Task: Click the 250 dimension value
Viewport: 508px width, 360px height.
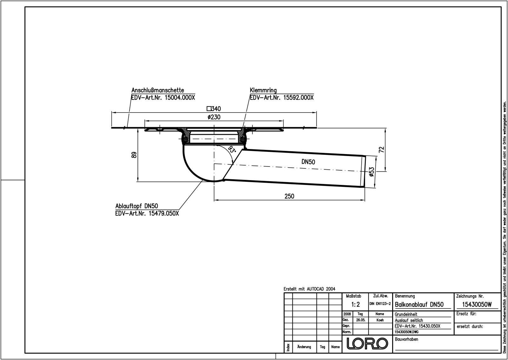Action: coord(289,196)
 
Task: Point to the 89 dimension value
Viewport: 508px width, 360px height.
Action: coord(134,155)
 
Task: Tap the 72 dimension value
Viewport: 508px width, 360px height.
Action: coord(381,149)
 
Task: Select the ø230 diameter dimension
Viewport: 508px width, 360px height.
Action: coord(214,117)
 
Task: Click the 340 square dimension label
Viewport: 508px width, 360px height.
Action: coord(214,109)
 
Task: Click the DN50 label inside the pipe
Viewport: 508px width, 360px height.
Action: coord(308,162)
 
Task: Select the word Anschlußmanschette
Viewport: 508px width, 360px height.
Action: coord(157,90)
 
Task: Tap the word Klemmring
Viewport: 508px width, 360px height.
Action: coord(263,90)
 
